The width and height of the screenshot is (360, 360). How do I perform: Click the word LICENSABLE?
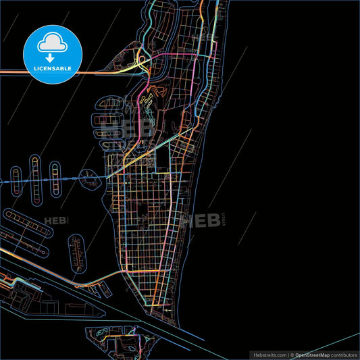click(52, 69)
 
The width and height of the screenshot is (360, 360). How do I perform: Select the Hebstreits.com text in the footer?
click(269, 355)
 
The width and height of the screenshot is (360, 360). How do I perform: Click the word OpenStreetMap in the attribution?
click(312, 355)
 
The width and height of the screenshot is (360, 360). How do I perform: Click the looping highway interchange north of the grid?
click(143, 63)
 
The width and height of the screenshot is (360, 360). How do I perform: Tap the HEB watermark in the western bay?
click(57, 221)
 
